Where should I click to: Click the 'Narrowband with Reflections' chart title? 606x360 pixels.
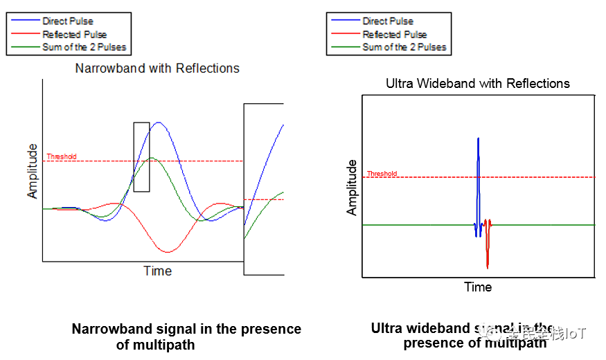[x=157, y=69]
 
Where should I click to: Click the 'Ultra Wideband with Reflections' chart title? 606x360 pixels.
[x=478, y=84]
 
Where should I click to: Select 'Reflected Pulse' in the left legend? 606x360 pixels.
[x=74, y=35]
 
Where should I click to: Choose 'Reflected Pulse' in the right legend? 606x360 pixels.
[x=394, y=35]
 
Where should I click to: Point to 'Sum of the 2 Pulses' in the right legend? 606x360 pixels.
[x=404, y=48]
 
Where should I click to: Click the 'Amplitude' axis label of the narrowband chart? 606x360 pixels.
[x=33, y=171]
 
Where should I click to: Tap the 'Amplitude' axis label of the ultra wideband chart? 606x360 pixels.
[x=352, y=187]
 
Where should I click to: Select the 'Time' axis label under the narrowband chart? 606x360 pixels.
[x=157, y=271]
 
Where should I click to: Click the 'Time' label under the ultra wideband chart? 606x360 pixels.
[x=478, y=287]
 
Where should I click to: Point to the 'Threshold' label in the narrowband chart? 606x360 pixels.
[x=62, y=156]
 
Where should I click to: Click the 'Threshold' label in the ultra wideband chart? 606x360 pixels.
[x=382, y=174]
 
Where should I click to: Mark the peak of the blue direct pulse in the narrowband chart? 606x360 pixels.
[x=159, y=123]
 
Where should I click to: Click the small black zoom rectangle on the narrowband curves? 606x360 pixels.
[x=141, y=157]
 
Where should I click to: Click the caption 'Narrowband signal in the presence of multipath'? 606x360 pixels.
[x=186, y=336]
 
